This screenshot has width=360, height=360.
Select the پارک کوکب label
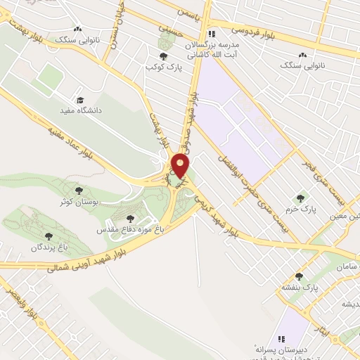[x=159, y=66]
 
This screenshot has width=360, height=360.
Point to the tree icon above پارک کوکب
[x=163, y=56]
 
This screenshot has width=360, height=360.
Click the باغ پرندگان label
[x=48, y=247]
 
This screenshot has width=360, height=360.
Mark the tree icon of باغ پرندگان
[x=49, y=236]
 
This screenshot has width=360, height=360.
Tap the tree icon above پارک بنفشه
[x=299, y=276]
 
